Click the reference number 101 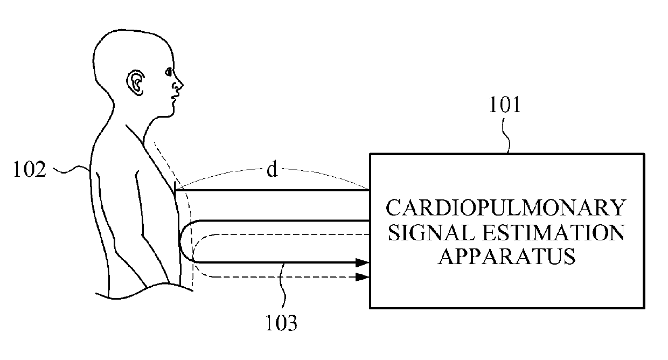(505, 106)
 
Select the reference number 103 (281, 323)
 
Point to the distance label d (272, 171)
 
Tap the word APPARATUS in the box (506, 257)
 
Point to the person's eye (169, 71)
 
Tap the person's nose (179, 84)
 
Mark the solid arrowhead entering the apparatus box (363, 263)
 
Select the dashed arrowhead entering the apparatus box (363, 277)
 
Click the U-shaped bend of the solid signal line (180, 241)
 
